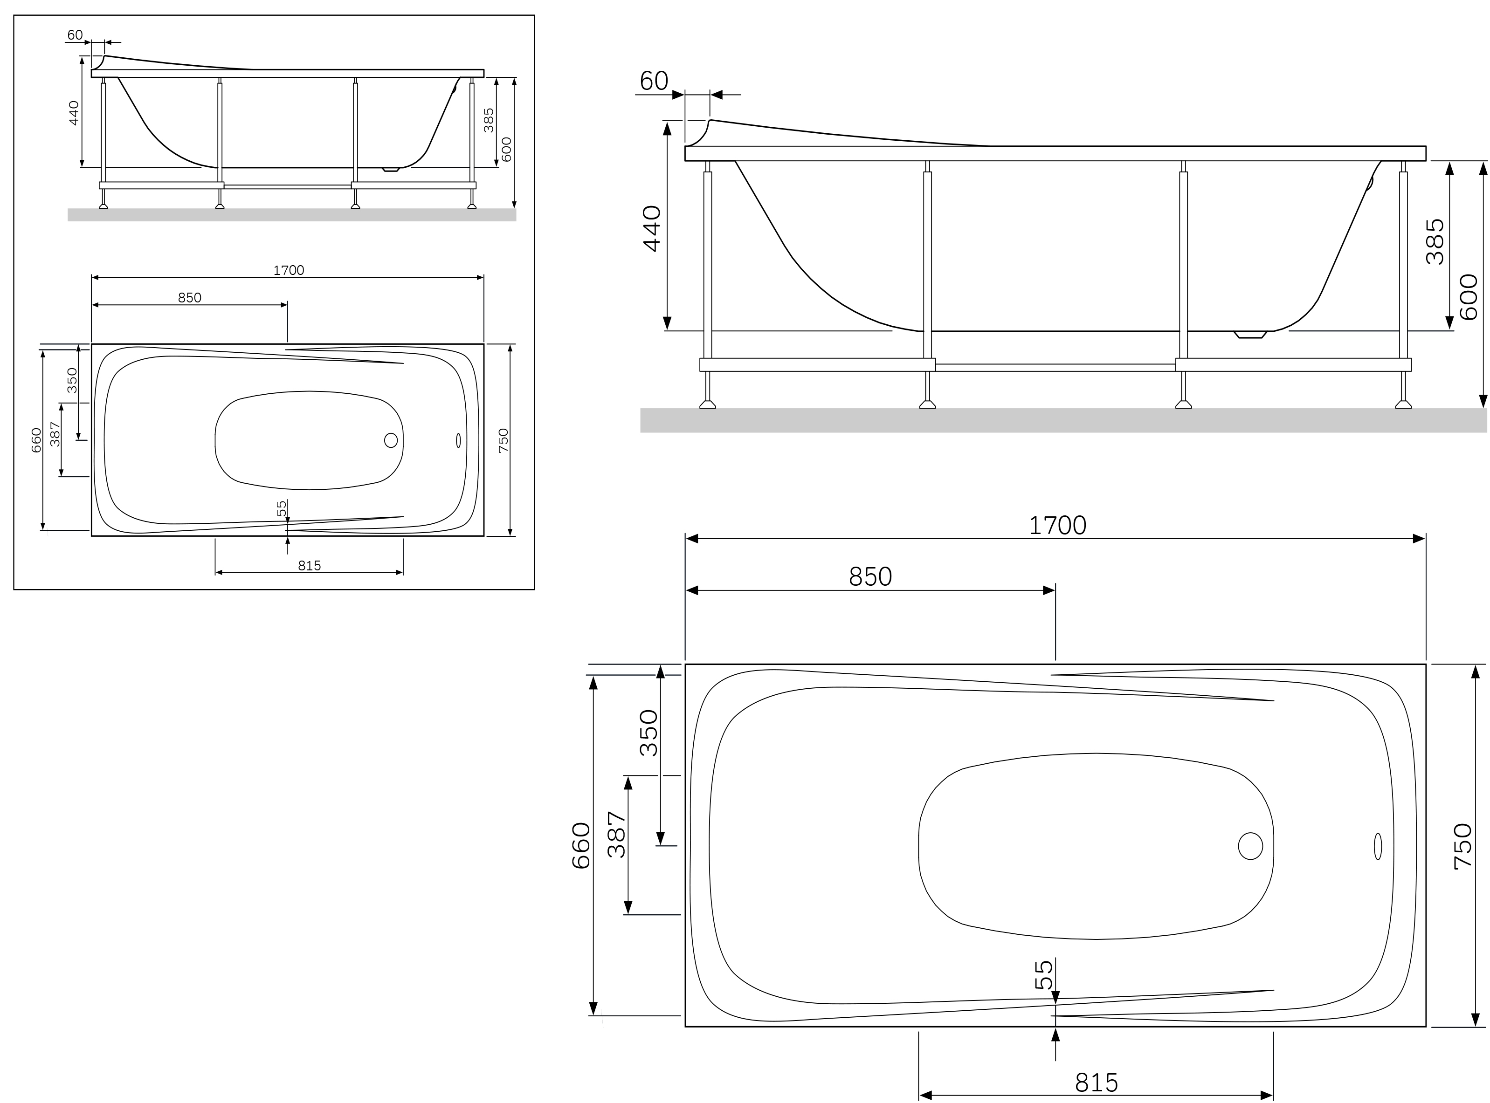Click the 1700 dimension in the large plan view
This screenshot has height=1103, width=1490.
point(1057,526)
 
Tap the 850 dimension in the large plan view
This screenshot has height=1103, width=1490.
point(870,577)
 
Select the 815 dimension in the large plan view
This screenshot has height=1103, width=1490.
point(1096,1082)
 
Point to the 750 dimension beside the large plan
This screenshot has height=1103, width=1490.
point(1462,845)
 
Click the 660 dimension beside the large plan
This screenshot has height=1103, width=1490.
point(581,845)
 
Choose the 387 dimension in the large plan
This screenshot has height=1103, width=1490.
point(616,835)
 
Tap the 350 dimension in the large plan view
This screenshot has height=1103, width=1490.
point(649,733)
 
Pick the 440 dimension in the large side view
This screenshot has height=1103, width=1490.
point(652,228)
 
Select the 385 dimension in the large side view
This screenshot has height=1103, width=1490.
point(1435,242)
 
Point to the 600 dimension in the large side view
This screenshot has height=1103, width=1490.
point(1469,297)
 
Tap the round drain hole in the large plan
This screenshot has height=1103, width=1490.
point(1250,846)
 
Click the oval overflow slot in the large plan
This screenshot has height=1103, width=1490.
point(1378,846)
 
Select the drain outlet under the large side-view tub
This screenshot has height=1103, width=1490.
point(1250,335)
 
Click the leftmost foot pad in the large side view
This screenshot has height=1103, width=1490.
point(707,404)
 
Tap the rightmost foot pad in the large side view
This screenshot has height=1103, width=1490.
point(1403,404)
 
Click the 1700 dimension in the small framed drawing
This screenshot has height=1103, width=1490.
point(289,270)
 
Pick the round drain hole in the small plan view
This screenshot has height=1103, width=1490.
point(391,440)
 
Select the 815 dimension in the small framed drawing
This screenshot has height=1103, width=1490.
point(309,566)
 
